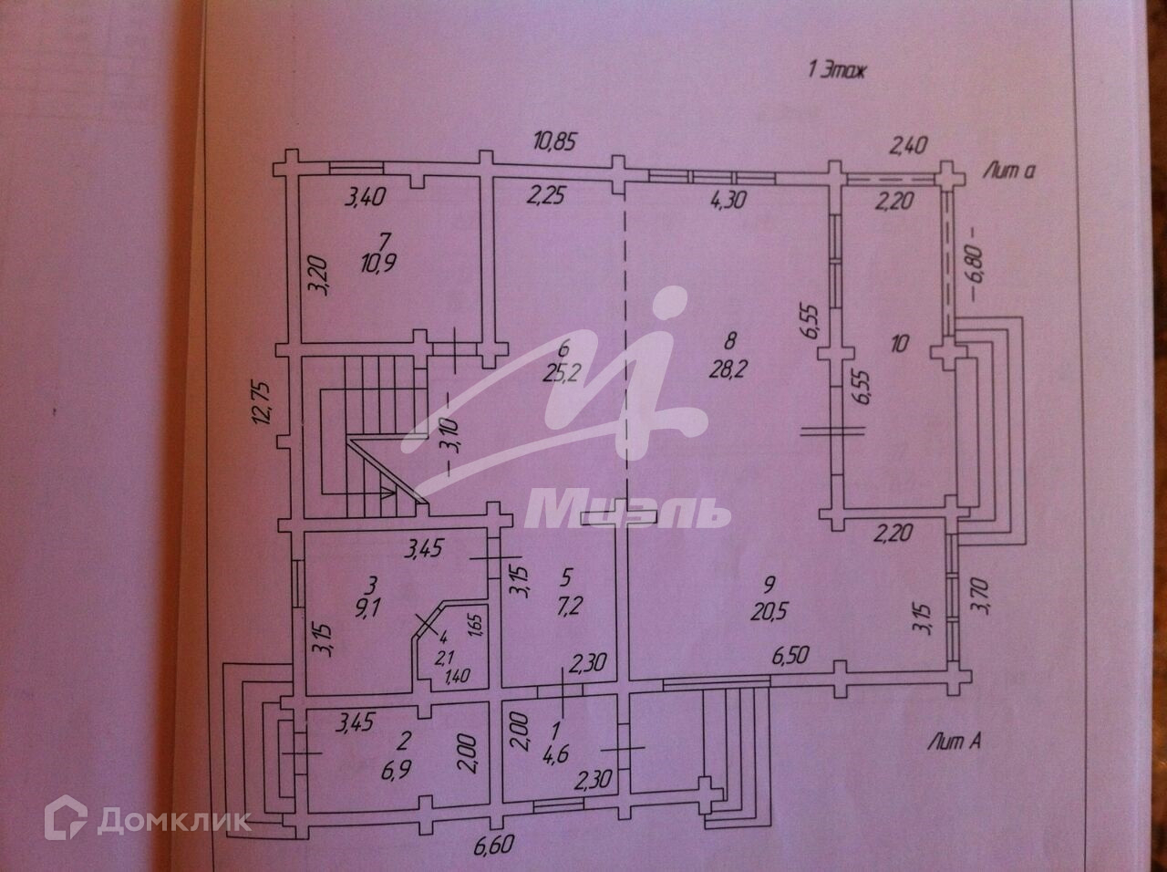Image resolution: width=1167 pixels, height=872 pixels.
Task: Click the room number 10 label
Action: (x=901, y=345)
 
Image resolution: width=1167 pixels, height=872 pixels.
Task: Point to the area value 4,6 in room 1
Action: (x=555, y=753)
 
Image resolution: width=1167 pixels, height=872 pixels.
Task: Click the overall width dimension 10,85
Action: (x=558, y=142)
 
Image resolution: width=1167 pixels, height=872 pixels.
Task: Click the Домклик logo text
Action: (x=173, y=819)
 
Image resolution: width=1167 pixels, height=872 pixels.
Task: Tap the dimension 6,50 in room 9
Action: (x=793, y=657)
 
